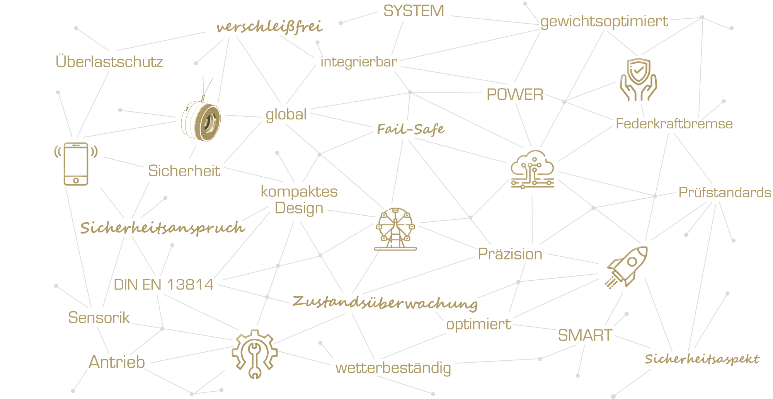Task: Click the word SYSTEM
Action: (414, 11)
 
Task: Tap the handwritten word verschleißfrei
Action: (269, 27)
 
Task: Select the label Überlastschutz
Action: (109, 61)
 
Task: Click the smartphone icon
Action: (76, 164)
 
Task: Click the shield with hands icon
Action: (638, 79)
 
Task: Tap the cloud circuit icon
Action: (533, 169)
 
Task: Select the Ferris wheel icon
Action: (395, 229)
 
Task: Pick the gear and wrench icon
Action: (254, 354)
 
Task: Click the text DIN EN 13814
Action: (163, 285)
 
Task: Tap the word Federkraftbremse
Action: (674, 124)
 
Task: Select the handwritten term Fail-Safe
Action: (411, 129)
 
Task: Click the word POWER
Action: (515, 94)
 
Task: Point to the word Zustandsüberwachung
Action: (385, 303)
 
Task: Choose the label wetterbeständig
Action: (393, 368)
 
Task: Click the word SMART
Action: (585, 335)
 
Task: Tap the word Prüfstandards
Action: (725, 192)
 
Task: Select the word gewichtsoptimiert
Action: (604, 22)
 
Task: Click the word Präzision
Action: (510, 254)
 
